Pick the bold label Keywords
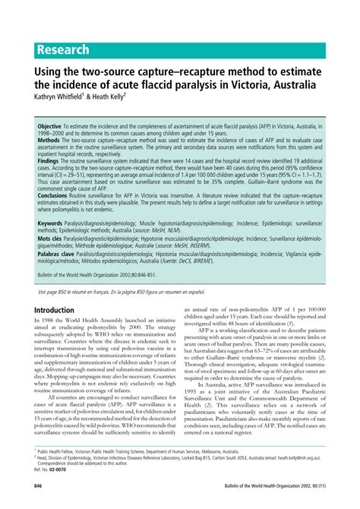[50, 224]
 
